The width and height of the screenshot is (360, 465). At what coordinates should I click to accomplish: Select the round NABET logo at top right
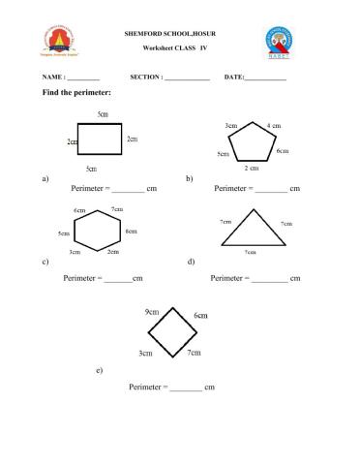tap(283, 42)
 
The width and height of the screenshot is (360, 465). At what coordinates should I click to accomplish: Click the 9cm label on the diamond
tap(152, 312)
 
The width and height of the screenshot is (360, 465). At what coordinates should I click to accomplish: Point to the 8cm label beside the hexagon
tap(131, 232)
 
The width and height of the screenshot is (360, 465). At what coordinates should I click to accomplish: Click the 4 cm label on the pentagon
tap(274, 126)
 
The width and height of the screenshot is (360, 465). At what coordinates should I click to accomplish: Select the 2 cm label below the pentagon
tap(251, 169)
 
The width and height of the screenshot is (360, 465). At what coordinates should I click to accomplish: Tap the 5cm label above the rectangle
tap(103, 113)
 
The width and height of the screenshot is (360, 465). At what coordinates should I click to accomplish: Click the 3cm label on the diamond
tap(145, 354)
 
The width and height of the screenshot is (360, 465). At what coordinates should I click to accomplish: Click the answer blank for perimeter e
tap(186, 387)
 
